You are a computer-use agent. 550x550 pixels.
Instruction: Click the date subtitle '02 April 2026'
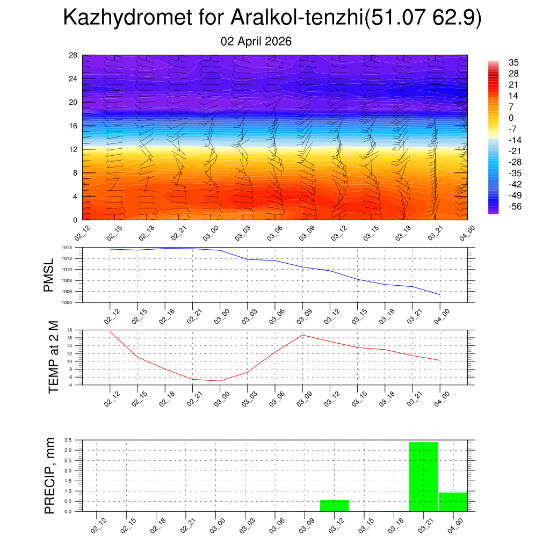pos(256,41)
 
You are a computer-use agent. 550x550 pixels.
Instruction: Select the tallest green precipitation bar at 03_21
pos(424,476)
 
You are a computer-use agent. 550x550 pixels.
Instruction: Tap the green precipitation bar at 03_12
pos(334,505)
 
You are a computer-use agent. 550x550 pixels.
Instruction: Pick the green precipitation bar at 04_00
pos(453,502)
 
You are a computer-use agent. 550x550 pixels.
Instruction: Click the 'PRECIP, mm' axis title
pos(50,475)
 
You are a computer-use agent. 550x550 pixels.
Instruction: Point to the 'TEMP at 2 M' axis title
pos(53,357)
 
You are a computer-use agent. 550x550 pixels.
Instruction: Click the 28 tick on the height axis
pos(74,55)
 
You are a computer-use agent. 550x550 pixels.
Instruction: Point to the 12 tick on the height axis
pos(74,149)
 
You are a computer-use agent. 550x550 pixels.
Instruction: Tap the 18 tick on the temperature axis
pos(70,330)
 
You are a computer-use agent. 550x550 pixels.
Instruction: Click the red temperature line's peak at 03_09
pos(302,335)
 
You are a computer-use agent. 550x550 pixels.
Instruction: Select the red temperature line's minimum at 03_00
pos(220,381)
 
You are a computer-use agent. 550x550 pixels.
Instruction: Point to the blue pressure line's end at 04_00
pos(440,295)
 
